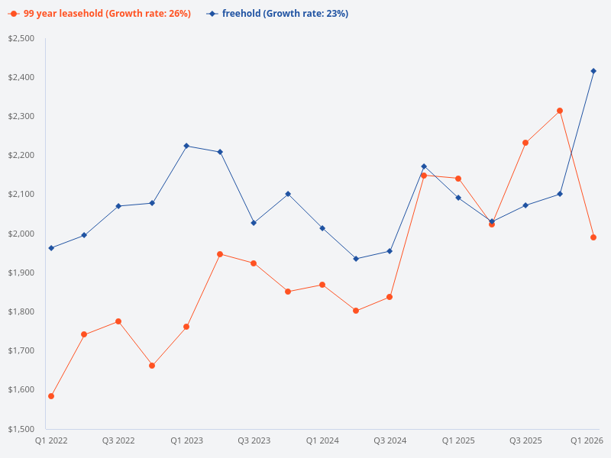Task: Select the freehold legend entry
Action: tap(279, 14)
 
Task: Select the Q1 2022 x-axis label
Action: tap(51, 441)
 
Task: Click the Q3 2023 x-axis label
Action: tap(254, 441)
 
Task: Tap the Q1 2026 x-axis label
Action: tap(587, 441)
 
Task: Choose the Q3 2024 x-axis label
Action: tap(390, 441)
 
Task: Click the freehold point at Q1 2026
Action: tap(593, 71)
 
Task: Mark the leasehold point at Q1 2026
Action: tap(593, 237)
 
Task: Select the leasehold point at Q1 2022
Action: tap(51, 396)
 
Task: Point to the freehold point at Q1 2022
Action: tap(51, 248)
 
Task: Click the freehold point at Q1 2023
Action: tap(186, 146)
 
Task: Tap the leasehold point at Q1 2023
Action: tap(186, 327)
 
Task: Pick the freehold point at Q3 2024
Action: tap(390, 251)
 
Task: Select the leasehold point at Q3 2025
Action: tap(525, 143)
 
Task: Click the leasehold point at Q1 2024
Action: tap(322, 285)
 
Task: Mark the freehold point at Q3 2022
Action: tap(118, 206)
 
